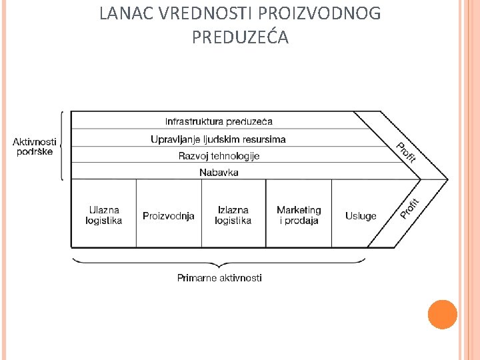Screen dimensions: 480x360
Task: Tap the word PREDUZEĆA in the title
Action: (240, 38)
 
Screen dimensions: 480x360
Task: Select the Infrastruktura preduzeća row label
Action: (219, 121)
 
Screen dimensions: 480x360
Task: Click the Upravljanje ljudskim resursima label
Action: (218, 139)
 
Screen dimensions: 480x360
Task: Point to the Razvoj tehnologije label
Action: (219, 156)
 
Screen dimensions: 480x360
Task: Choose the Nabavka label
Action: (219, 173)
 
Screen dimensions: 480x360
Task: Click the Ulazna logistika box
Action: (104, 215)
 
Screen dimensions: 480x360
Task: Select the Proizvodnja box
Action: (169, 216)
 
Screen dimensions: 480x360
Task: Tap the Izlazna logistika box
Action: (233, 215)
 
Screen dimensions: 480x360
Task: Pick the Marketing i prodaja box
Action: (299, 215)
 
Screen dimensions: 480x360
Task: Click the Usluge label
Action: (361, 216)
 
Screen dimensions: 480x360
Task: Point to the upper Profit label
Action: (406, 153)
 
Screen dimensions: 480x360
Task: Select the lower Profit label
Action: (409, 208)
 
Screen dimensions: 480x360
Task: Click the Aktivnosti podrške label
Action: (35, 146)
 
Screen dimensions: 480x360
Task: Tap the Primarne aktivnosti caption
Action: (219, 277)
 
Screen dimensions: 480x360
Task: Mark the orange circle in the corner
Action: (442, 314)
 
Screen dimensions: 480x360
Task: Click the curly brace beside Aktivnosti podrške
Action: (62, 145)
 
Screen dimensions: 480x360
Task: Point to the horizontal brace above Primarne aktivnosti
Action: (219, 260)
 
